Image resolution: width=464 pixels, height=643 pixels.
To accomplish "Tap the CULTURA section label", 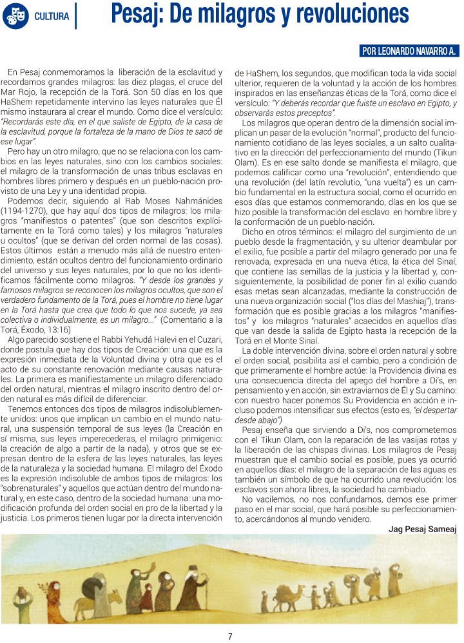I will [x=52, y=16].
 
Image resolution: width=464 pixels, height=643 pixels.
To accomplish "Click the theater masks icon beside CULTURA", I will [x=16, y=16].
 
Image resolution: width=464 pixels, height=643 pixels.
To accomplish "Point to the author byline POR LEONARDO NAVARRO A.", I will [x=409, y=51].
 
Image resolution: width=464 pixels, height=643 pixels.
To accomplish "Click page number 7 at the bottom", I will [x=230, y=637].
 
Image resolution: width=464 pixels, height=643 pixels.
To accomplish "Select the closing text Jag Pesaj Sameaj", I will [x=422, y=528].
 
